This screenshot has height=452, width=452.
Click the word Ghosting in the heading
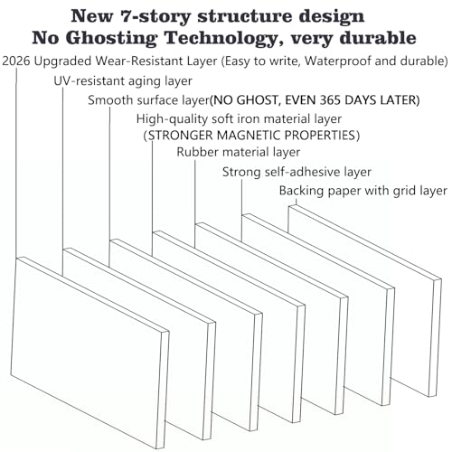(x=111, y=39)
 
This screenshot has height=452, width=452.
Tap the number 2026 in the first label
(x=16, y=61)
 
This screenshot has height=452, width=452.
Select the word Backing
(x=302, y=191)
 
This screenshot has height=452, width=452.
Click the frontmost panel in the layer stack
(x=89, y=353)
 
